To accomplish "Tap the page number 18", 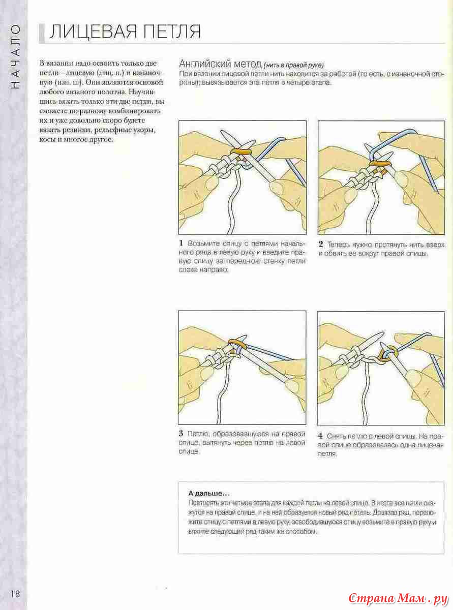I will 14,594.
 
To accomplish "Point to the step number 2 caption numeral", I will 321,244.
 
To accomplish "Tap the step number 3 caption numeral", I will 181,434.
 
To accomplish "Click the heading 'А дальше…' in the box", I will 208,493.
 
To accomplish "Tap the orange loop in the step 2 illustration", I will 380,163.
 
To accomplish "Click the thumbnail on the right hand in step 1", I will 278,189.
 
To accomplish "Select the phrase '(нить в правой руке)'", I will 293,65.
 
